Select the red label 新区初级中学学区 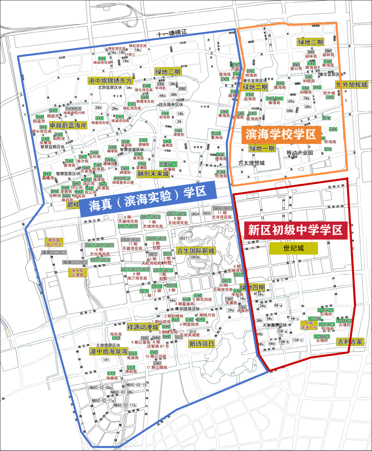tap(295, 230)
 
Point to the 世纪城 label tap(294, 248)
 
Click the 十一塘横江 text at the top tap(171, 34)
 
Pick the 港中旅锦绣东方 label tap(110, 81)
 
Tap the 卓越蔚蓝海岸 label tap(68, 126)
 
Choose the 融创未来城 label tap(153, 173)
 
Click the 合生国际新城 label tap(196, 251)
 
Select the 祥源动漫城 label tap(142, 327)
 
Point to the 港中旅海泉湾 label tap(109, 351)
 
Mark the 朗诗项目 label tap(202, 344)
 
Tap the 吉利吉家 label tap(349, 342)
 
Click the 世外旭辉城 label tap(352, 85)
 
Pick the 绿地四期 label tap(252, 288)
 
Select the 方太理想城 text tap(251, 163)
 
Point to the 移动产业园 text tap(299, 153)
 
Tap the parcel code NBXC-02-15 tap(136, 385)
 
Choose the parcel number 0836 tap(196, 257)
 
